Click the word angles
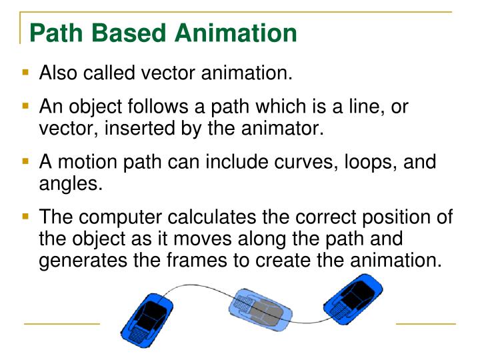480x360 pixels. pyautogui.click(x=70, y=183)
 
